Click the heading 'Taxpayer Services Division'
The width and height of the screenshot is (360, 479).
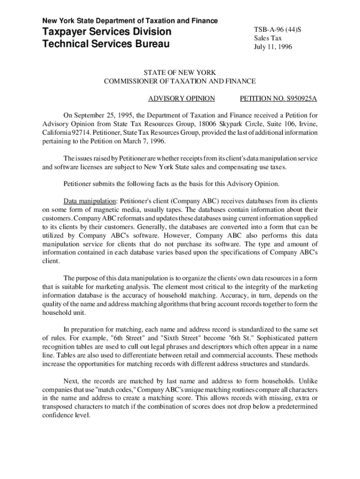pos(107,32)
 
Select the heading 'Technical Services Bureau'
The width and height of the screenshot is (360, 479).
pos(105,45)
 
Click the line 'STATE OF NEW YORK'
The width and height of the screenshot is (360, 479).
pos(180,73)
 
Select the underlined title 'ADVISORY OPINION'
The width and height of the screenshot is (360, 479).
pos(181,99)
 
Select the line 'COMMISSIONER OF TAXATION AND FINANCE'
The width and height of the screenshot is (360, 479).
pos(180,81)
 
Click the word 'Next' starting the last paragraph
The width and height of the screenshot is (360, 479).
pos(71,381)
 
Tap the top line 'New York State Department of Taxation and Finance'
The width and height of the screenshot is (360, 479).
pos(130,21)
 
